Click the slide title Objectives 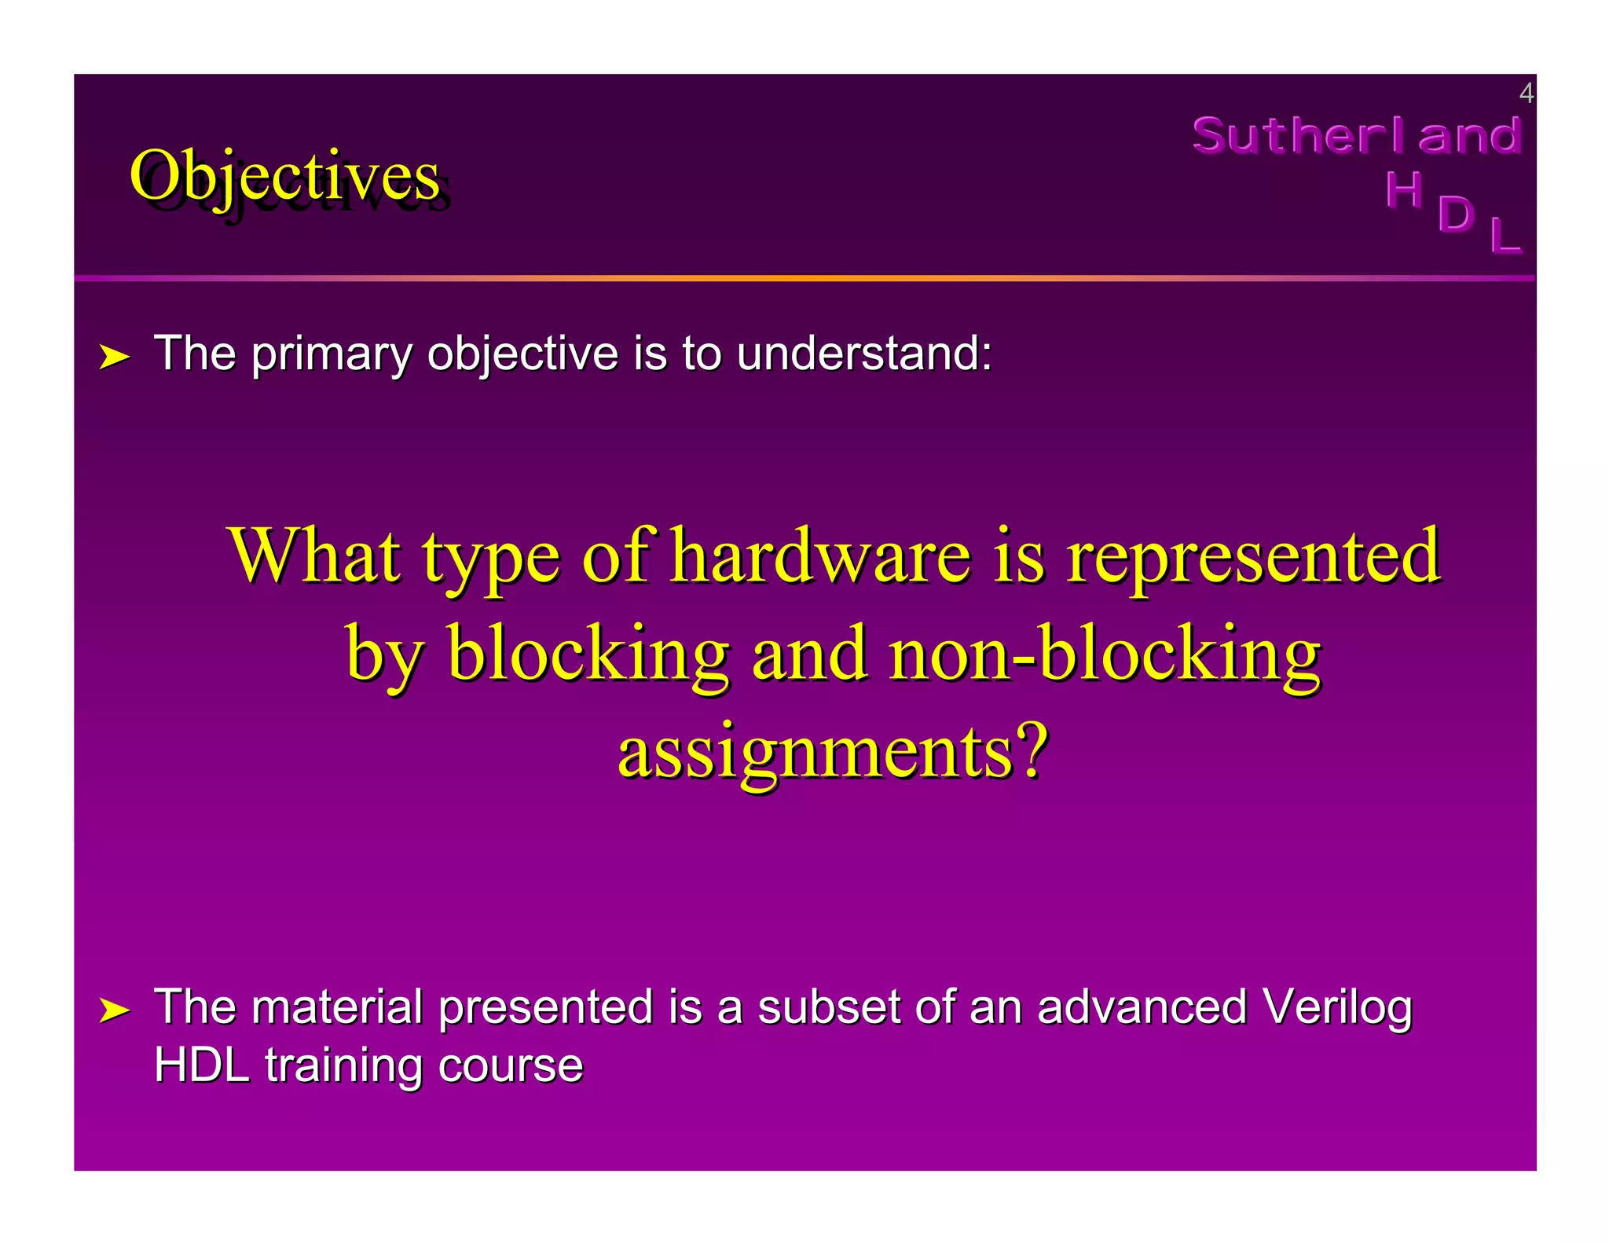(284, 176)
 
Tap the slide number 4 (1526, 93)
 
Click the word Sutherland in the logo (1357, 135)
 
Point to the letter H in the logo (1403, 190)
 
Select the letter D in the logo (1456, 214)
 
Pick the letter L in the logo (1505, 235)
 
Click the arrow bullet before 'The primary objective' (114, 357)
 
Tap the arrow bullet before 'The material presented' (114, 1010)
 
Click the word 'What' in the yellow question (314, 556)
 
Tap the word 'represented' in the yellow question (1253, 556)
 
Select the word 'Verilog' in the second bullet (1336, 1006)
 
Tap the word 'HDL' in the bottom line (202, 1065)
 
